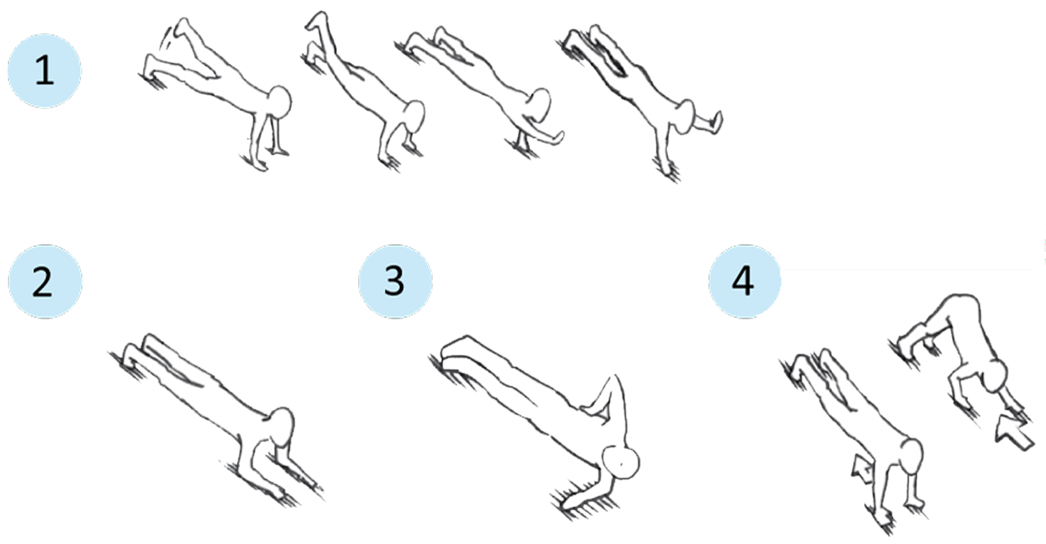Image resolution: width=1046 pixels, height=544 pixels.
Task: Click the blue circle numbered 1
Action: coord(45,71)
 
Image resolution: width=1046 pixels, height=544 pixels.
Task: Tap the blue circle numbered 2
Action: coord(45,282)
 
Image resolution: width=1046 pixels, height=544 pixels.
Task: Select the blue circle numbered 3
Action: coord(395,282)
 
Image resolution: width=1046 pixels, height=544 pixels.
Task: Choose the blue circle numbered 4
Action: coord(745,282)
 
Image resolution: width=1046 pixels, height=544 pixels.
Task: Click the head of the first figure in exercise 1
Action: coord(280,102)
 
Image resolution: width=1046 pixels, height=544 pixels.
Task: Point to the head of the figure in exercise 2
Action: coord(282,428)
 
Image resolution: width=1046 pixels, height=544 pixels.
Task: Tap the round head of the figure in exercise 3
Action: coord(621,462)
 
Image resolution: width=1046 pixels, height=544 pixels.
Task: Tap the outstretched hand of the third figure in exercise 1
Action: coord(556,137)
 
